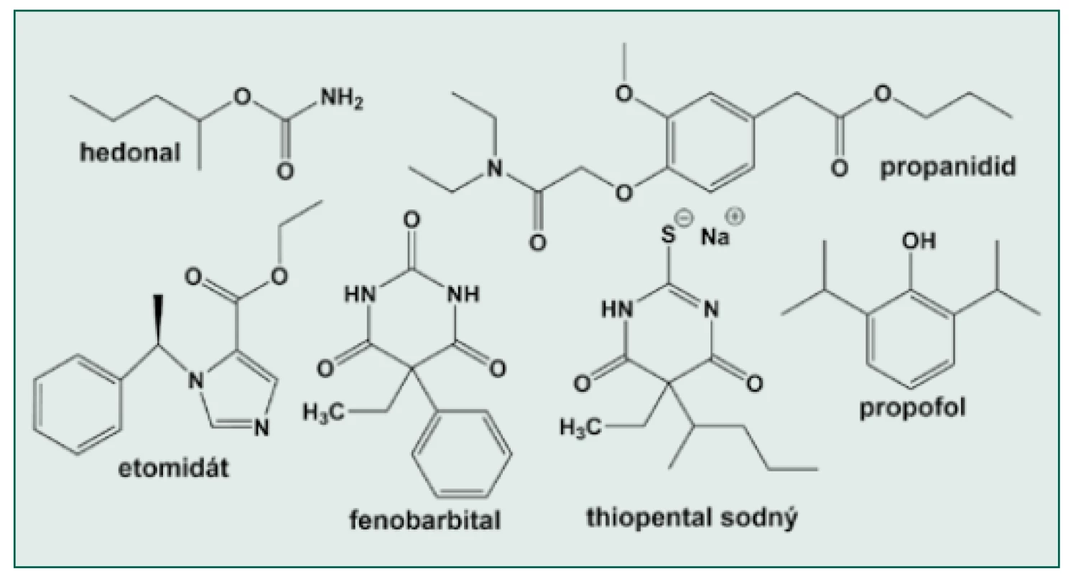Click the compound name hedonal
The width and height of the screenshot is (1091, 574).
[x=130, y=152]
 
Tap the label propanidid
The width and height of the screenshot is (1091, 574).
[x=948, y=168]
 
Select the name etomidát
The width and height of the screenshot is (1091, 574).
[x=173, y=468]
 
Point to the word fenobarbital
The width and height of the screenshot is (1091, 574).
[x=425, y=519]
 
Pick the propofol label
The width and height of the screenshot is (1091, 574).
[x=912, y=408]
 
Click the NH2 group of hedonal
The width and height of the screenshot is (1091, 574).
[x=341, y=98]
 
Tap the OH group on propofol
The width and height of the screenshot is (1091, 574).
[x=919, y=241]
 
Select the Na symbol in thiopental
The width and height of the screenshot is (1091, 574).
[x=715, y=237]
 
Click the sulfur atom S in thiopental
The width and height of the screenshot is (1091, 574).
[x=668, y=235]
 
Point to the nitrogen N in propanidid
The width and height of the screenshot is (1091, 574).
[x=494, y=169]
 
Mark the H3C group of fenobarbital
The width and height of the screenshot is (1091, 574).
[x=323, y=412]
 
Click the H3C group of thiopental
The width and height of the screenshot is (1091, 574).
[x=580, y=427]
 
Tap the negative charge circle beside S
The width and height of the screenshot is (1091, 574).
[x=684, y=218]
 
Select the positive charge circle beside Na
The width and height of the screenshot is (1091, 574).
[x=735, y=217]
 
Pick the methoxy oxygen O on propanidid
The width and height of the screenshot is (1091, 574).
[x=624, y=93]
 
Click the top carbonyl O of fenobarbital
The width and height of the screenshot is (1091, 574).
[x=412, y=220]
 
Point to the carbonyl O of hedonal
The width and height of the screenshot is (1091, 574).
[x=285, y=171]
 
